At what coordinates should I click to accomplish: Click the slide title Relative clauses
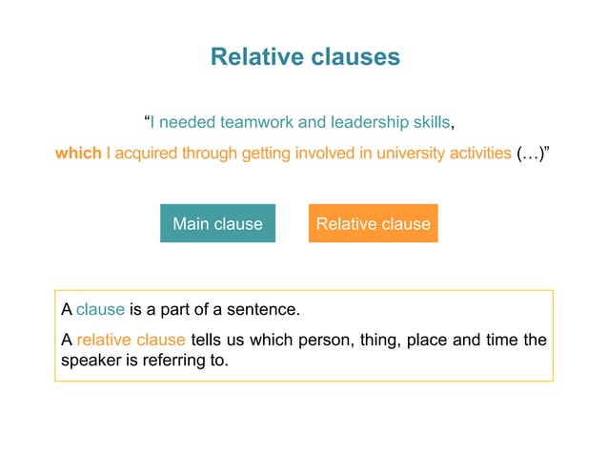304,57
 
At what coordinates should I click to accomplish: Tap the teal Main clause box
217,224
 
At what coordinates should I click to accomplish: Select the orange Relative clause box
373,224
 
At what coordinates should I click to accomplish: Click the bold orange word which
78,153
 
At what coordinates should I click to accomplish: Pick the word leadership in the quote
366,122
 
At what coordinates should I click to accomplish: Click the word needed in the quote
190,122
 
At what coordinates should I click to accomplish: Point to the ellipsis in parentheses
530,153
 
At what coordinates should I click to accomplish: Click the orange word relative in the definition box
104,340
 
